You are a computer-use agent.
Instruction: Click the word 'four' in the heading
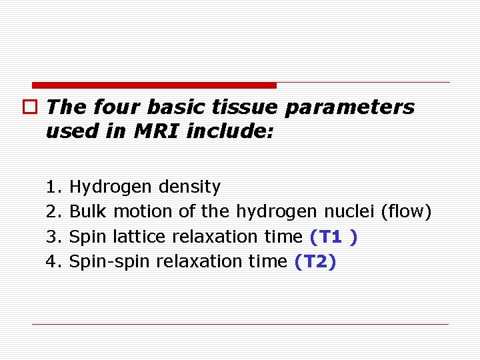pyautogui.click(x=117, y=107)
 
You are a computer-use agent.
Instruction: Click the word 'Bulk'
pyautogui.click(x=88, y=211)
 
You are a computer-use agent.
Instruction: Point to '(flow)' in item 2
pyautogui.click(x=406, y=211)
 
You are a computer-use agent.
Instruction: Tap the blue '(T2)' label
pyautogui.click(x=315, y=261)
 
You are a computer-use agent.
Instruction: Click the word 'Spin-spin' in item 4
pyautogui.click(x=110, y=261)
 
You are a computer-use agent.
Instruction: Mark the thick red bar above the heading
pyautogui.click(x=154, y=85)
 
